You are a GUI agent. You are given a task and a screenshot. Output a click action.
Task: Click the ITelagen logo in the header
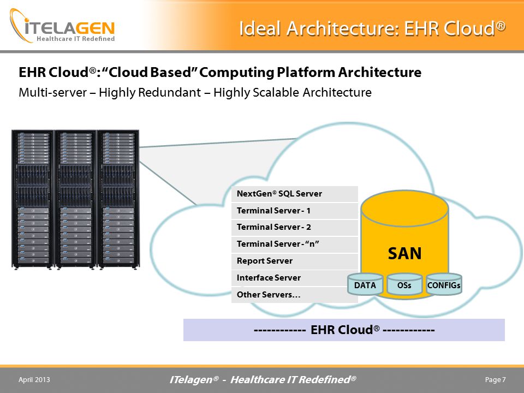(62, 26)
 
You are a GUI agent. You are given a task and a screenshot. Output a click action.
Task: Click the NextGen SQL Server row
(294, 194)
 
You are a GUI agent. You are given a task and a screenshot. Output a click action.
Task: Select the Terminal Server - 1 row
(294, 211)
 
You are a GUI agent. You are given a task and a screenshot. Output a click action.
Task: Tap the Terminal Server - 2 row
(294, 228)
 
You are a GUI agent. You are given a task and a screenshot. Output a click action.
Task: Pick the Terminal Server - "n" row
(294, 245)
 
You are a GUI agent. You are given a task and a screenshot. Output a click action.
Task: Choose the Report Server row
(294, 261)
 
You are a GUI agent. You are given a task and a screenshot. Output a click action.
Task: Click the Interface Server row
(294, 278)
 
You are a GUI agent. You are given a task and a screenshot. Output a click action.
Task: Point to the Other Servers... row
(294, 295)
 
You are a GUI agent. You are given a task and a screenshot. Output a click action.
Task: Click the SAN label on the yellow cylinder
(404, 253)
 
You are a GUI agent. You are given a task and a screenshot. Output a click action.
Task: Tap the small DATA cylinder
(365, 284)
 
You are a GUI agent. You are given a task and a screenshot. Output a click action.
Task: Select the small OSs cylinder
(404, 284)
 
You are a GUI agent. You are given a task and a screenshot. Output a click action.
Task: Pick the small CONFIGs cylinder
(444, 284)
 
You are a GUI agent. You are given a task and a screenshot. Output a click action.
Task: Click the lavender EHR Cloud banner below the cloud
(344, 330)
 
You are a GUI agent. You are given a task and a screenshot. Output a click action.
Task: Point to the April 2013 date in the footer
(34, 380)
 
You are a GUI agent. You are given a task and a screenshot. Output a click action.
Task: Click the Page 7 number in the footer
(495, 380)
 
